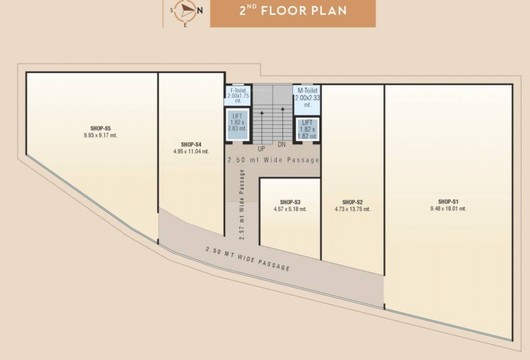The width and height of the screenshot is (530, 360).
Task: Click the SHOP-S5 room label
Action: [x=100, y=128]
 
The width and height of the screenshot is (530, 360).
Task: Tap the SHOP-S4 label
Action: [x=191, y=144]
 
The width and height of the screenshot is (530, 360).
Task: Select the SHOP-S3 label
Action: [x=290, y=202]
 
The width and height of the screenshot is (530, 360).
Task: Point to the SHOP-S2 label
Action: [x=352, y=202]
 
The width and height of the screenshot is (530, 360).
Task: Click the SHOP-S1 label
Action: [x=448, y=202]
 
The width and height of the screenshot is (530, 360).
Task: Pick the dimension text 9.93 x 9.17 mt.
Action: [x=100, y=135]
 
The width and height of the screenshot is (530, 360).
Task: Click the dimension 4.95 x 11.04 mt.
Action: [x=191, y=151]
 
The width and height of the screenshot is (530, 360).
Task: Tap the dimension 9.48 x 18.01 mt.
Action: [x=448, y=209]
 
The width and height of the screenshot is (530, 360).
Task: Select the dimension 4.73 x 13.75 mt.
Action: [x=352, y=209]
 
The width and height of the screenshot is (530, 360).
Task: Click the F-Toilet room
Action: [x=238, y=95]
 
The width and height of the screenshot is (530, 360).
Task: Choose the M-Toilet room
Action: [x=307, y=97]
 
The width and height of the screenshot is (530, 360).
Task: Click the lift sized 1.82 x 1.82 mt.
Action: [x=307, y=129]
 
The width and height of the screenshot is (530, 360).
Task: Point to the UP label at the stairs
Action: [x=261, y=149]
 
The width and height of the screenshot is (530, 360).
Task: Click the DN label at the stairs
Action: [x=281, y=144]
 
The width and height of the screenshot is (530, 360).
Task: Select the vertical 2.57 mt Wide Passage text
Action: [x=242, y=204]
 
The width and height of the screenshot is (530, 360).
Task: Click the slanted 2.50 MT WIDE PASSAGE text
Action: [x=248, y=258]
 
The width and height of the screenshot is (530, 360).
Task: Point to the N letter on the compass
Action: [x=199, y=12]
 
